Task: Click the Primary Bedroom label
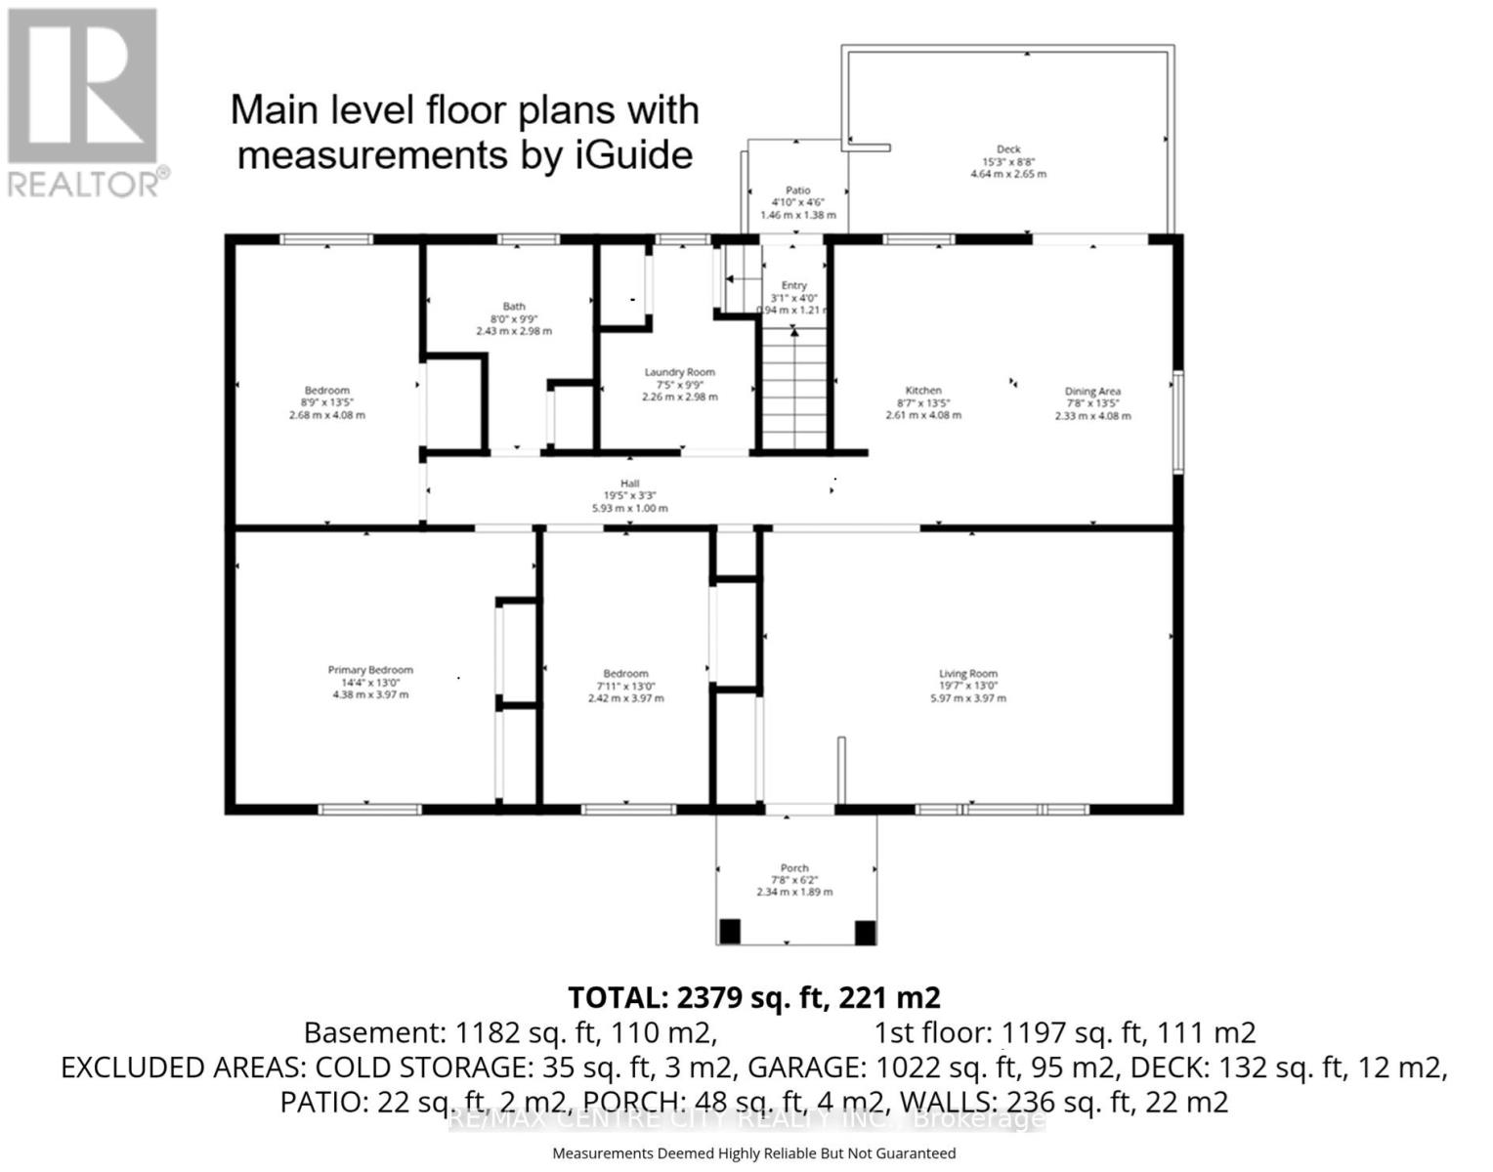click(x=370, y=670)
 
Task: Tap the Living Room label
click(x=967, y=673)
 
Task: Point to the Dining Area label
click(x=1092, y=391)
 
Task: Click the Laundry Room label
click(x=679, y=372)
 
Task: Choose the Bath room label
click(x=514, y=307)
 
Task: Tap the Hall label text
click(x=629, y=483)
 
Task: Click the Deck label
click(x=1008, y=149)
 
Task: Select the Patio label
click(x=797, y=190)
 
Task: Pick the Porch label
click(x=794, y=867)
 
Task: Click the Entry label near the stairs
click(x=793, y=285)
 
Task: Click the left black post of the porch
click(x=729, y=932)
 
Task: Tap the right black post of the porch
click(x=865, y=932)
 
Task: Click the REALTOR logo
click(x=83, y=103)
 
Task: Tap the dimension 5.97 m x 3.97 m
click(x=967, y=698)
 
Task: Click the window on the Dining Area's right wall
click(x=1178, y=422)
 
